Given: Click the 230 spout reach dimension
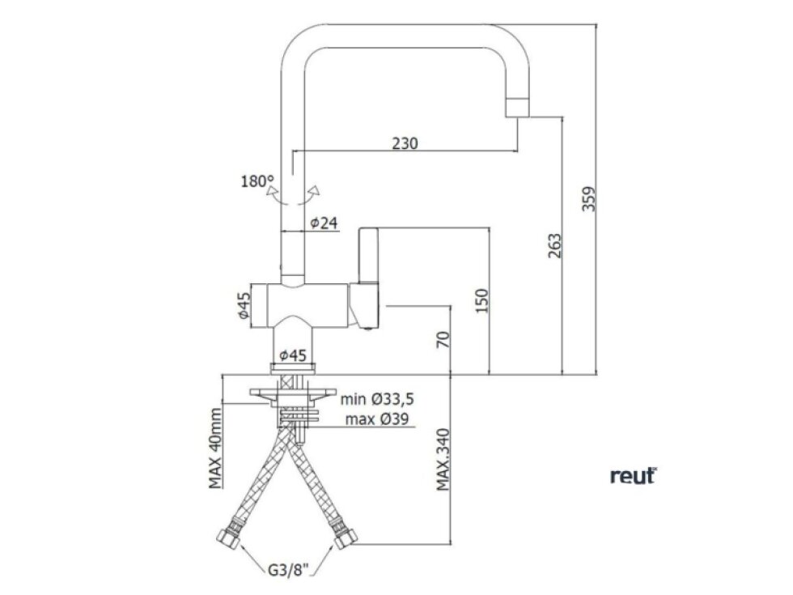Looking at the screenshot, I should click(405, 143).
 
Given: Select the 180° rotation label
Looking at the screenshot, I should click(257, 181).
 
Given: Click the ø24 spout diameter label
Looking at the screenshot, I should click(323, 223).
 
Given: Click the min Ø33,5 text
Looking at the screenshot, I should click(378, 398).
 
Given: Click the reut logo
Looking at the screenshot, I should click(633, 477).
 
